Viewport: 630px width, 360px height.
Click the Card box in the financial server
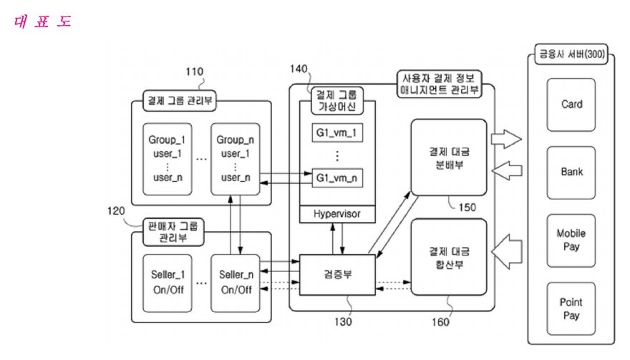571,104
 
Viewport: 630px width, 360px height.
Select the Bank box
571,172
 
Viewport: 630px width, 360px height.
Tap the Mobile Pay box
571,240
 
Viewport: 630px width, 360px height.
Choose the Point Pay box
571,308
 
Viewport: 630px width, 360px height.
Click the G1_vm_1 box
337,132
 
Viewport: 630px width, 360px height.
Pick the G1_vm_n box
337,177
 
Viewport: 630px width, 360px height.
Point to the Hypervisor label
337,214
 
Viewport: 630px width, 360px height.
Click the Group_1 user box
167,159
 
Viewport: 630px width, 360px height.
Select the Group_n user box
235,159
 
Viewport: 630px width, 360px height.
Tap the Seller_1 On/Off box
167,283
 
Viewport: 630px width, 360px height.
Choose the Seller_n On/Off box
235,283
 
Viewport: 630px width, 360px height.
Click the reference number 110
194,72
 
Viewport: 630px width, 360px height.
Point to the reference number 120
116,211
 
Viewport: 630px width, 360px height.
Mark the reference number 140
299,69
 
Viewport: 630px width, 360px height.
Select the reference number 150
467,208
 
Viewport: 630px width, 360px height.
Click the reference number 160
440,322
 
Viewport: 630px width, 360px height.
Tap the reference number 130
343,322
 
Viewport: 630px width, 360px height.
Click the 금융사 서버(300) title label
571,54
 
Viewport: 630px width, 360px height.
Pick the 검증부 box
337,275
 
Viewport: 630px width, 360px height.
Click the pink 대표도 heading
42,21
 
